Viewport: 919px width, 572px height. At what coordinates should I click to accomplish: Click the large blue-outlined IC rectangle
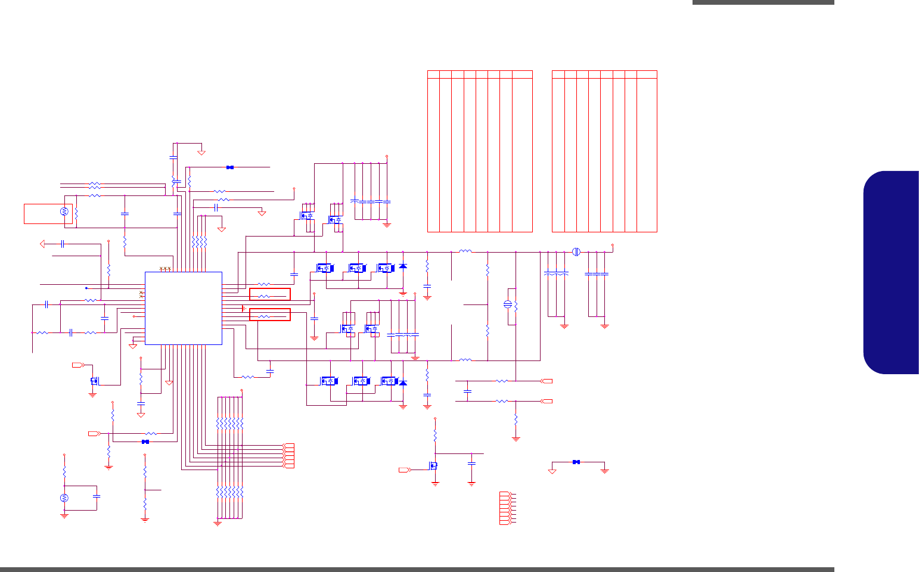tap(184, 308)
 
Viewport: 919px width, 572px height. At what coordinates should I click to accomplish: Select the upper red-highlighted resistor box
tap(269, 294)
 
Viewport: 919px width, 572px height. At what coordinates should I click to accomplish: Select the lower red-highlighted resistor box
tap(269, 315)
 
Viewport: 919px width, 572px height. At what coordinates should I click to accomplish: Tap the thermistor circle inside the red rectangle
tap(65, 212)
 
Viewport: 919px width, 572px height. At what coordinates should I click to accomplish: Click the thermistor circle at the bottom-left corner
tap(64, 498)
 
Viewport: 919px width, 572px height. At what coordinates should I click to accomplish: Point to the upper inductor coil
tap(465, 251)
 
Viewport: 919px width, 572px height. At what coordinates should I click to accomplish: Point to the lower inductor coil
tap(465, 360)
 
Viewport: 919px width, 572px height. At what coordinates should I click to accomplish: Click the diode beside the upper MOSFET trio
tap(403, 266)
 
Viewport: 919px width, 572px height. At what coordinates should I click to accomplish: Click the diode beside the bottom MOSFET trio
tap(403, 383)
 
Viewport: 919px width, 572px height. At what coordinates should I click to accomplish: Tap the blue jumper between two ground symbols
tap(576, 462)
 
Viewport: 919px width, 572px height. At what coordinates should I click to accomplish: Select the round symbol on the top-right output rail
tap(576, 251)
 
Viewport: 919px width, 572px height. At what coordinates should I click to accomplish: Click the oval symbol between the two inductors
tap(508, 304)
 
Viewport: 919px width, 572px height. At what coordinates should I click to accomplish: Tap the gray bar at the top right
tap(763, 2)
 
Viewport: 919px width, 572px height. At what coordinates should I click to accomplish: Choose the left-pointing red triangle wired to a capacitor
tap(43, 244)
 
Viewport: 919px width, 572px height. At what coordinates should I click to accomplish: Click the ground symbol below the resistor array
tap(218, 523)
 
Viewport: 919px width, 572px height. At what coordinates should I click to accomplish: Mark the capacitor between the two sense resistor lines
tap(467, 391)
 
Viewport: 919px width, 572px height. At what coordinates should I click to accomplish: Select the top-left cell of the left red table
tap(433, 74)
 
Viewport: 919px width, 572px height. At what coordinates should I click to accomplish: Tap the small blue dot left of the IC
tap(86, 288)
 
